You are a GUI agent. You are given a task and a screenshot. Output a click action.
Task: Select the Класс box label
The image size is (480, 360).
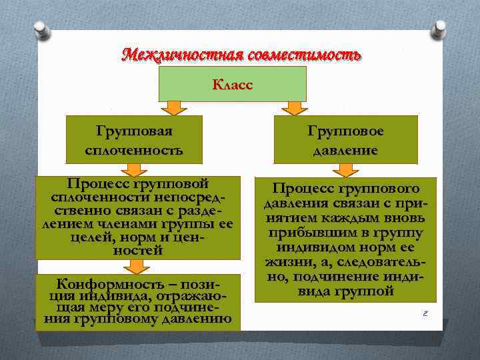point(232,85)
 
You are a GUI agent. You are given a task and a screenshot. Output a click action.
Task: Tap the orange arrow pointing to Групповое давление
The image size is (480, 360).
point(291,107)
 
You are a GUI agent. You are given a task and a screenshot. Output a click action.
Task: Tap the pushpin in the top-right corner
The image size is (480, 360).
point(439,29)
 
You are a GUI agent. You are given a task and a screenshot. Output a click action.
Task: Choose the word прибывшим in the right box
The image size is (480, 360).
point(309,232)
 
